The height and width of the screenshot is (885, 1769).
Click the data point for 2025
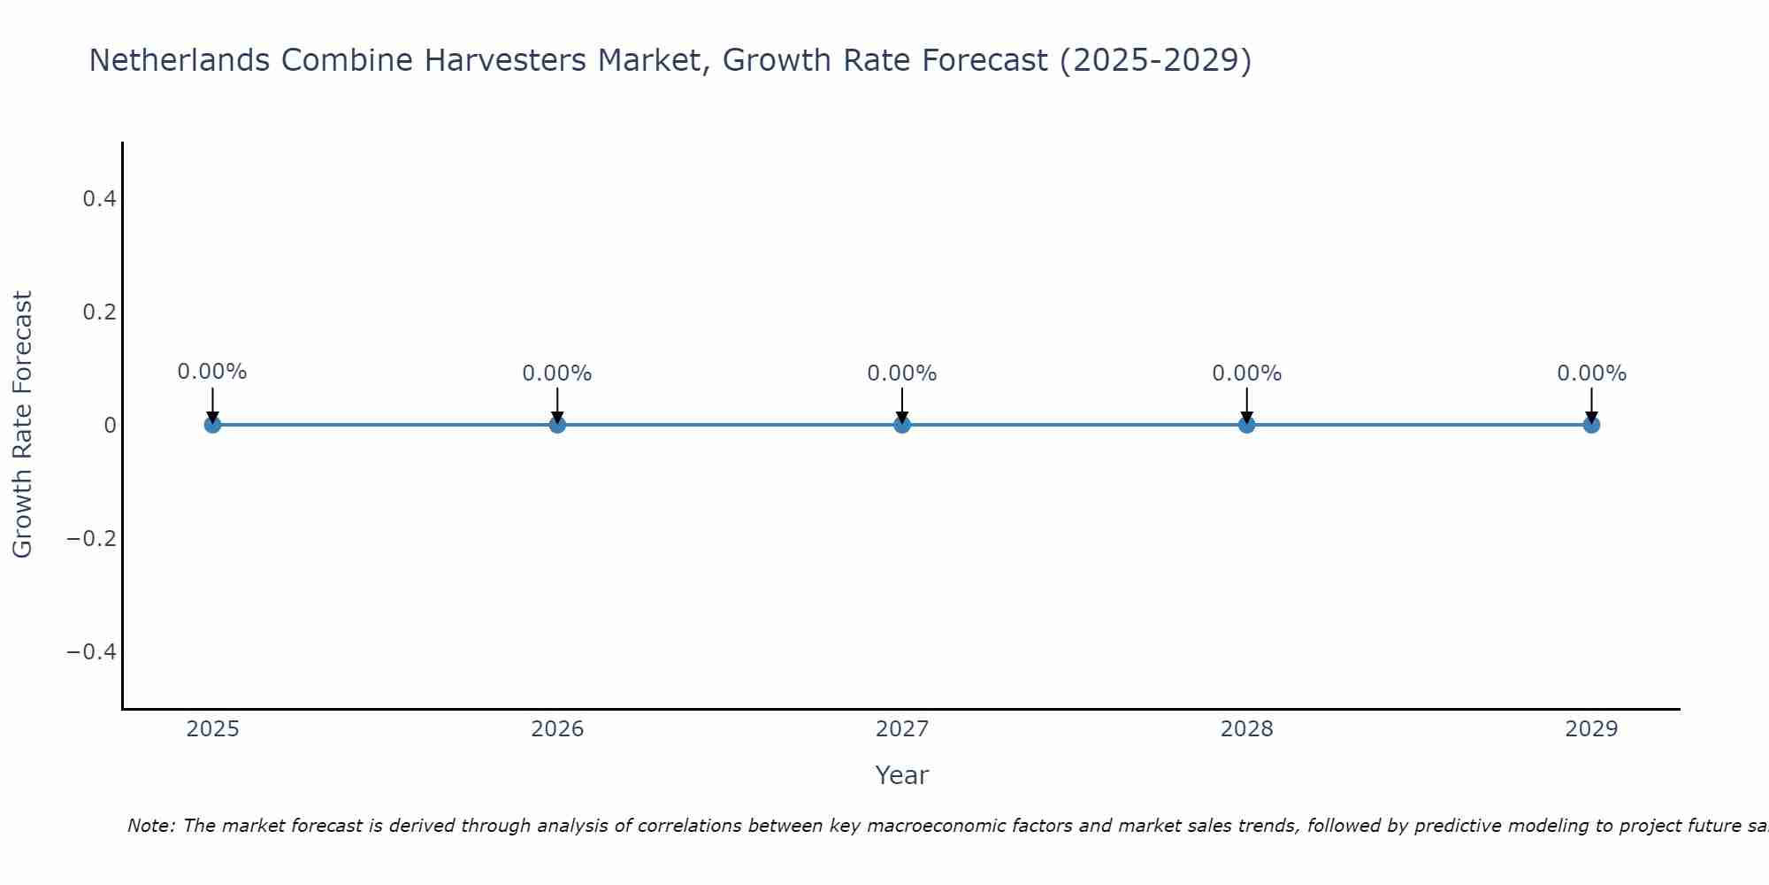coord(212,425)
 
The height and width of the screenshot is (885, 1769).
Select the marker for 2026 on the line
coord(557,425)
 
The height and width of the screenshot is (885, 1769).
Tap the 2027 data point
coord(902,425)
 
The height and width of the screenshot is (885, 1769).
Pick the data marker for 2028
coord(1246,425)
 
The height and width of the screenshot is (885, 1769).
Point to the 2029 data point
coord(1591,425)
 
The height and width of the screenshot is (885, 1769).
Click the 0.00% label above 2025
coord(212,372)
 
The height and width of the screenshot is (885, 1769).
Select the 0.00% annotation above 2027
coord(902,373)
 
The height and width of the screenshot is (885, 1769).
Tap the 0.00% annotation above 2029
coord(1591,373)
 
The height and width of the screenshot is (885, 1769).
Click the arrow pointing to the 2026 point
coord(557,404)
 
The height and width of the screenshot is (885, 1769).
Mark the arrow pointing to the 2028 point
coord(1246,404)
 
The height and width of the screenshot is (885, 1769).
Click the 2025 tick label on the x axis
coord(213,729)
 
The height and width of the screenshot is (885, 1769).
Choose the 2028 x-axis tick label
coord(1246,729)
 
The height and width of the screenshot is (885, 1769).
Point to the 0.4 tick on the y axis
coord(99,199)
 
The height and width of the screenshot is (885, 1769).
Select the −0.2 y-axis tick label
coord(92,539)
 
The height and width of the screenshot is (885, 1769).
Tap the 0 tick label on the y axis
coord(110,426)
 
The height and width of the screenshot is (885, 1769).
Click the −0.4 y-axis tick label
coord(92,652)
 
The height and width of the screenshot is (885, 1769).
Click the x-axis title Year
coord(901,775)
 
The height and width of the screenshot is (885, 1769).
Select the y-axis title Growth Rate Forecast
coord(22,425)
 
